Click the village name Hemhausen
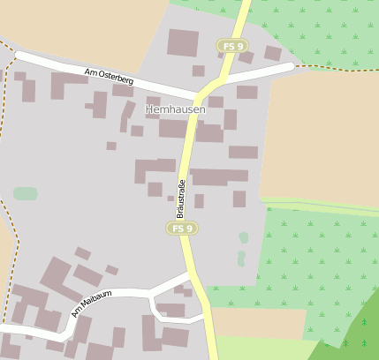coord(175,109)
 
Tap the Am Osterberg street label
coord(109,79)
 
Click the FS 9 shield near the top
coord(233,45)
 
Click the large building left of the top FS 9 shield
coord(183,42)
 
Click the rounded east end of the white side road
coord(288,68)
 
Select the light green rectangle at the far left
coord(26,193)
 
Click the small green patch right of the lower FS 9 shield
coord(243,237)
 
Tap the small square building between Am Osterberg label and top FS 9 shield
coord(198,71)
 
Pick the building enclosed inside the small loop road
coord(171,310)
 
